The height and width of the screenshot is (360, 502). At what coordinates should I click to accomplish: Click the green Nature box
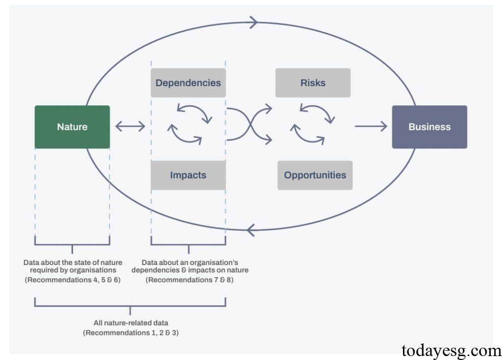coord(72,127)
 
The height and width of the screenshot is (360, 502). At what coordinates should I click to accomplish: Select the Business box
coord(429,127)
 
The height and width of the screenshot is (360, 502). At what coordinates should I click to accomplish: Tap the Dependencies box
coord(188,83)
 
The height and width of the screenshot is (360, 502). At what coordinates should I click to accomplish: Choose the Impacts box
coord(188,175)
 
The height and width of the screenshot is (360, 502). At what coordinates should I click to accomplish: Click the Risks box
coord(313,83)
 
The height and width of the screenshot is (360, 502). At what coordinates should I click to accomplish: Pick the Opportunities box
coord(315,175)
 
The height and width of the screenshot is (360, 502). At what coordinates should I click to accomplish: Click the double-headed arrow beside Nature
coord(130,127)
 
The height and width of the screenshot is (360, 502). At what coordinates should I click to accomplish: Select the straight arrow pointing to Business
coord(371,127)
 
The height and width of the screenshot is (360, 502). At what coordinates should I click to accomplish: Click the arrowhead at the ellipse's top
coord(254,22)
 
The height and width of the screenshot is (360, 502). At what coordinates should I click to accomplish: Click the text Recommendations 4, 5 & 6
coord(73,280)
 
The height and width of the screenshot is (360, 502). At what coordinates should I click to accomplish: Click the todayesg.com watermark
coord(451,351)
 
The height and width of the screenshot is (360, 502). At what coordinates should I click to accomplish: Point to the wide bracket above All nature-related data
coord(130,306)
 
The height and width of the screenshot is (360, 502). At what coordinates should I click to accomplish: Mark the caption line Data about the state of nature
coord(73,263)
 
